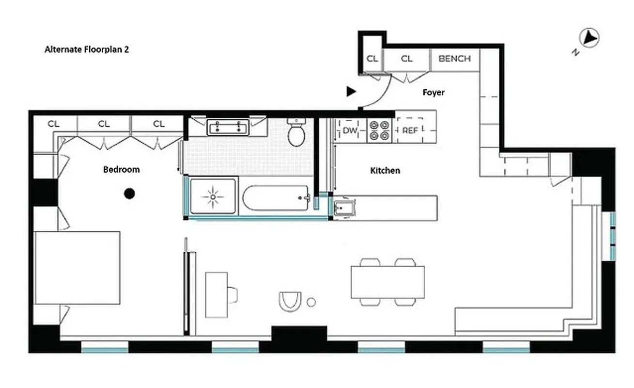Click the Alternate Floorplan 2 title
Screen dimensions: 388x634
point(87,49)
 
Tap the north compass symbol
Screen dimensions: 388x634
point(589,38)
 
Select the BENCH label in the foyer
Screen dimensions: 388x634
point(454,59)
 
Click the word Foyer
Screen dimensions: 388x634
point(433,92)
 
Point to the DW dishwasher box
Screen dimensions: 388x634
point(350,130)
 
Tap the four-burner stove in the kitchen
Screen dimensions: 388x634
point(380,130)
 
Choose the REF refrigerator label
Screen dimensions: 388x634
point(410,130)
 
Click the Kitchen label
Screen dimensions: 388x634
point(385,171)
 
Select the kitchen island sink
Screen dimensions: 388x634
point(345,207)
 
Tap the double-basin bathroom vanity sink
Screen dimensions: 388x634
point(228,128)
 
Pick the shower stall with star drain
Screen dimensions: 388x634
point(214,196)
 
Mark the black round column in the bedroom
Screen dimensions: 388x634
point(129,194)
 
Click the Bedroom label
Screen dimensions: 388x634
point(121,169)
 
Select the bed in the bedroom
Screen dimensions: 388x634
point(77,268)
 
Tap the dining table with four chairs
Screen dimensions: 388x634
point(387,282)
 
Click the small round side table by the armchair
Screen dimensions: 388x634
point(311,302)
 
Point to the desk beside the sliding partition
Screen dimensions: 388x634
point(216,294)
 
